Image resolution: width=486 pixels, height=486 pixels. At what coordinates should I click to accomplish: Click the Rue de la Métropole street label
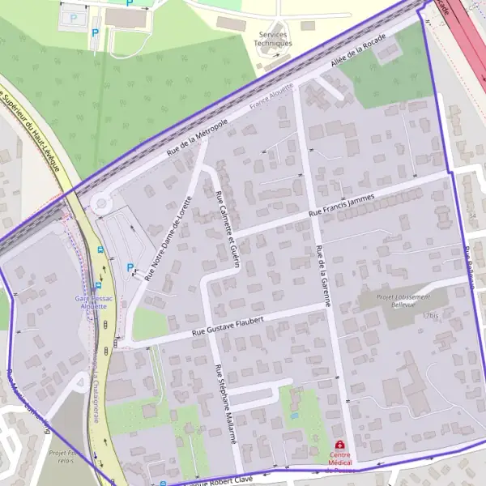coord(198,137)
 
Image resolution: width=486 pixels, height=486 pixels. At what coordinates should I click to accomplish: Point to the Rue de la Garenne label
coord(324,275)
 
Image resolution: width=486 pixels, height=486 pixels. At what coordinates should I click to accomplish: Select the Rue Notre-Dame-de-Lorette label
coord(168,238)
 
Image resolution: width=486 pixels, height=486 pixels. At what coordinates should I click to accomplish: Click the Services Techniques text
coord(274,39)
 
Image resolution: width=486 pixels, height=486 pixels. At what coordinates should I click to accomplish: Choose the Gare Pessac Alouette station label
coord(91,302)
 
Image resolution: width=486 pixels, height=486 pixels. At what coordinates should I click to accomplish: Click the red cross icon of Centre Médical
coord(339,446)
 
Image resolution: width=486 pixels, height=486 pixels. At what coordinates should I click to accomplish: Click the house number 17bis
coord(429,315)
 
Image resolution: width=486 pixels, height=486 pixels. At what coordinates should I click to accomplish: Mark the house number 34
coord(472,217)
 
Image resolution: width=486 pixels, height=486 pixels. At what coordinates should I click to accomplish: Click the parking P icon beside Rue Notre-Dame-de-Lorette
coord(130,267)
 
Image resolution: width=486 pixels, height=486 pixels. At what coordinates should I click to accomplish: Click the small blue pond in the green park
coord(293,416)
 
